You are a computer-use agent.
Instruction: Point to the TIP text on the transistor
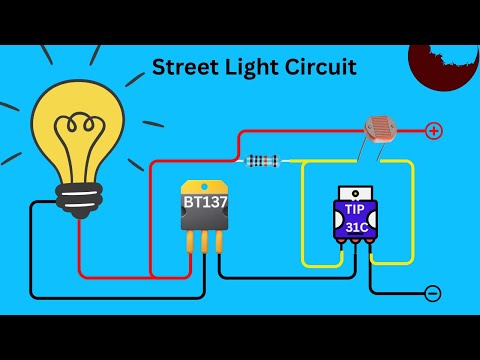click(355, 210)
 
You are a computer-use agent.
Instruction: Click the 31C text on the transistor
click(355, 227)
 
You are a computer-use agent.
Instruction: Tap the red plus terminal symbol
click(433, 130)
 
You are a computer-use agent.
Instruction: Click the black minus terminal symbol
click(432, 293)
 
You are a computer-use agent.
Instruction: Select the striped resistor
click(262, 160)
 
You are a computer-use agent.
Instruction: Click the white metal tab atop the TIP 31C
click(355, 191)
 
